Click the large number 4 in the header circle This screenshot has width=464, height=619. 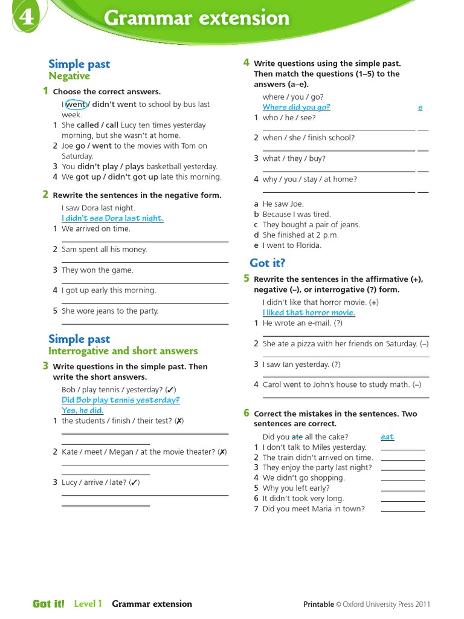[x=26, y=18]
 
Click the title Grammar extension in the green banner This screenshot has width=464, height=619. [x=196, y=18]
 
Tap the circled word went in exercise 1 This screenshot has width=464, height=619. [x=76, y=105]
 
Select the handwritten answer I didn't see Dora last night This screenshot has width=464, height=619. [x=112, y=218]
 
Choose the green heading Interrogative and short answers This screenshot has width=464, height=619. [x=123, y=351]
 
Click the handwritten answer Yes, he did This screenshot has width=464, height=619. [x=82, y=410]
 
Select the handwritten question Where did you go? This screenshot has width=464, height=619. [x=296, y=108]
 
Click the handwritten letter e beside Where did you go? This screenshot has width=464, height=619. [x=420, y=108]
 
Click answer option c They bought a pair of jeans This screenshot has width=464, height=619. [x=311, y=224]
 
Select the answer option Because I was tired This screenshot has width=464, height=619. [x=297, y=214]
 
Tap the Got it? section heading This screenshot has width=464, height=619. [x=267, y=263]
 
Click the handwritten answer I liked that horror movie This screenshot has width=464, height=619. [x=309, y=313]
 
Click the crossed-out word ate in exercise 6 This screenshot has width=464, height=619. [x=297, y=437]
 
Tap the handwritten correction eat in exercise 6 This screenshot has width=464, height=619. [x=387, y=437]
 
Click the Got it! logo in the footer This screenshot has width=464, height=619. [x=48, y=604]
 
